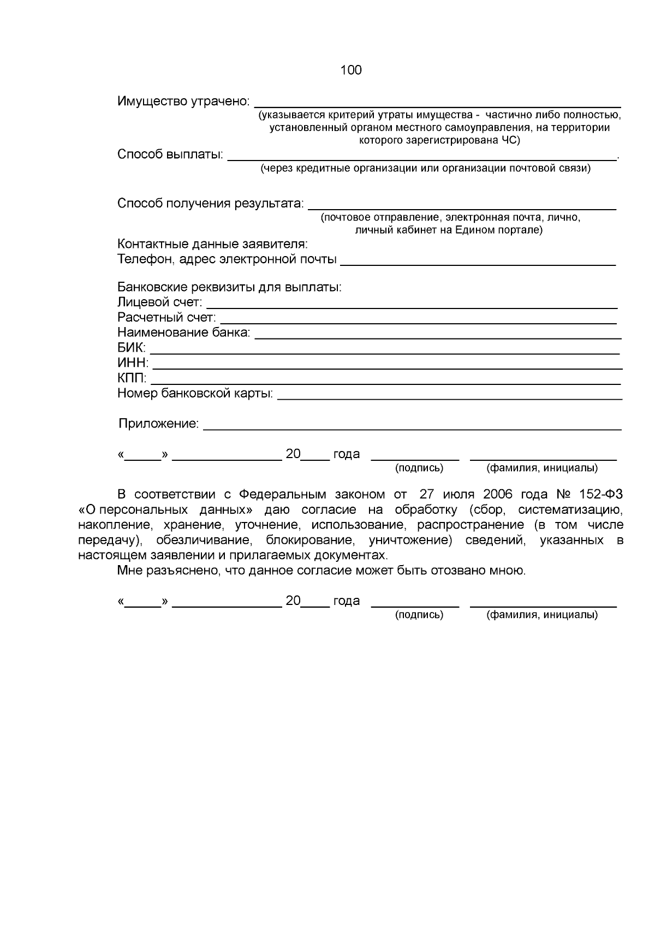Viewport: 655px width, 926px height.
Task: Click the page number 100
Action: tap(350, 70)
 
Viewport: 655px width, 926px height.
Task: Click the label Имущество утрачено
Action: tap(183, 102)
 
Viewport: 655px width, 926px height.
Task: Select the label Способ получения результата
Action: tap(211, 204)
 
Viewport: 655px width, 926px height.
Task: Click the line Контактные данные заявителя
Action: tap(212, 244)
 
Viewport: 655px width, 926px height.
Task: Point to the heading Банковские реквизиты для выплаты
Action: tap(229, 287)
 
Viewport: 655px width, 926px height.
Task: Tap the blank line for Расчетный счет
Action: tap(418, 322)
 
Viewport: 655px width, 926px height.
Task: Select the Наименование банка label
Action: tap(184, 333)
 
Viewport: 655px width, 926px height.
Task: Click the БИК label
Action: tap(132, 348)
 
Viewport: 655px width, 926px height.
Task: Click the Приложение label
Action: tap(159, 424)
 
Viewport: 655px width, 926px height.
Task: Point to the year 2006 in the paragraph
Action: tap(497, 495)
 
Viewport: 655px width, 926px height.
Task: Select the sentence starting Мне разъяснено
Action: tap(321, 571)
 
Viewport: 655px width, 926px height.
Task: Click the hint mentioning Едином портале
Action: tap(449, 230)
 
